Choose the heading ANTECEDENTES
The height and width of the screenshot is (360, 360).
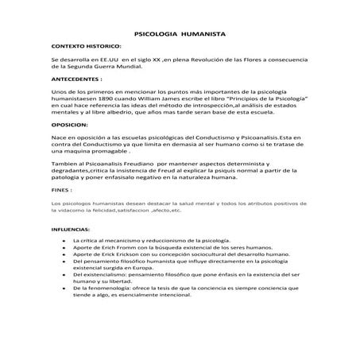(77, 80)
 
